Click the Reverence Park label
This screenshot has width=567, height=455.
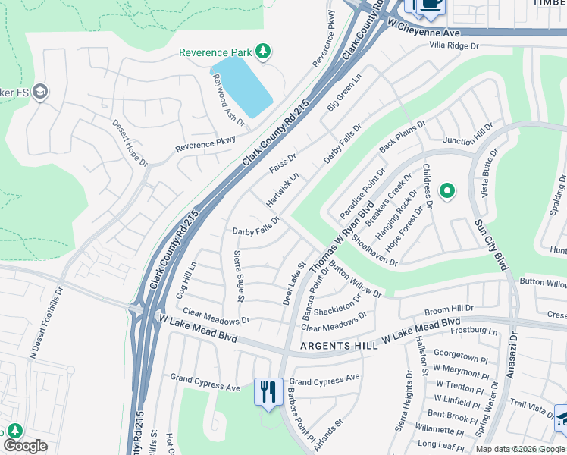pyautogui.click(x=215, y=52)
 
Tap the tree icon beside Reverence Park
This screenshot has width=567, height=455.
pyautogui.click(x=262, y=52)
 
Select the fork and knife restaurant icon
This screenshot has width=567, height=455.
pyautogui.click(x=268, y=392)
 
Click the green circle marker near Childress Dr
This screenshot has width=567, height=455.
pyautogui.click(x=447, y=191)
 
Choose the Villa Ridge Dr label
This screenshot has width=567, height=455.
pyautogui.click(x=455, y=45)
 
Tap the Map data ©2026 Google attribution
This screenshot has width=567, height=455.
pyautogui.click(x=520, y=449)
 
